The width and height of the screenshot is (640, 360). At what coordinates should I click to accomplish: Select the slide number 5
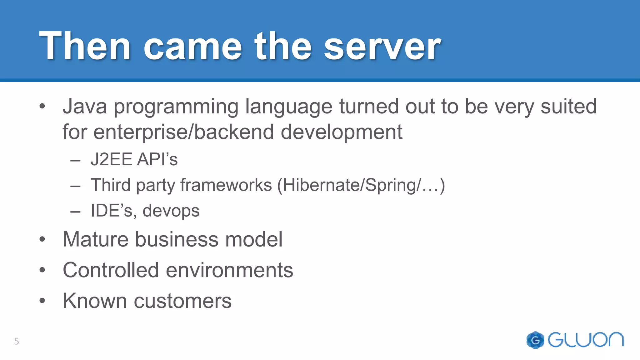click(17, 341)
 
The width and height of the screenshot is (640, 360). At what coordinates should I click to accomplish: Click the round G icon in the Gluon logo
click(535, 340)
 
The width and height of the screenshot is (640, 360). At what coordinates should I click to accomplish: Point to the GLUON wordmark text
click(586, 340)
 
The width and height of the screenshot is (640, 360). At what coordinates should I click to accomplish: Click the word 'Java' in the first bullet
click(85, 107)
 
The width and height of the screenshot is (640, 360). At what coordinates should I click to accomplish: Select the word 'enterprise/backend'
click(183, 132)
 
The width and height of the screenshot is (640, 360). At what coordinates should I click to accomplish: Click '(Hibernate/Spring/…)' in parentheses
click(361, 185)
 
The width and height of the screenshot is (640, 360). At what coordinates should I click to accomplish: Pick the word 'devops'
click(171, 211)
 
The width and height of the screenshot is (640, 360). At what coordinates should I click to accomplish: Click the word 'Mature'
click(95, 240)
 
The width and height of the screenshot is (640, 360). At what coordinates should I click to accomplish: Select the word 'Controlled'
click(111, 270)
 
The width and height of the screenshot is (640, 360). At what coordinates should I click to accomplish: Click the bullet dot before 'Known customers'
click(42, 301)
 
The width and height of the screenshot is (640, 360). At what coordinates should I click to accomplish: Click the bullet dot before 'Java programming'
click(42, 107)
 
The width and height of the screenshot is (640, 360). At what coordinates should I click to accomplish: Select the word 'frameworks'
click(226, 185)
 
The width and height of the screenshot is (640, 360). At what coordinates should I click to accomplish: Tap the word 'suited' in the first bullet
click(568, 107)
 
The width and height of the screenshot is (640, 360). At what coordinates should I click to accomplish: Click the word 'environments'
click(229, 270)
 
